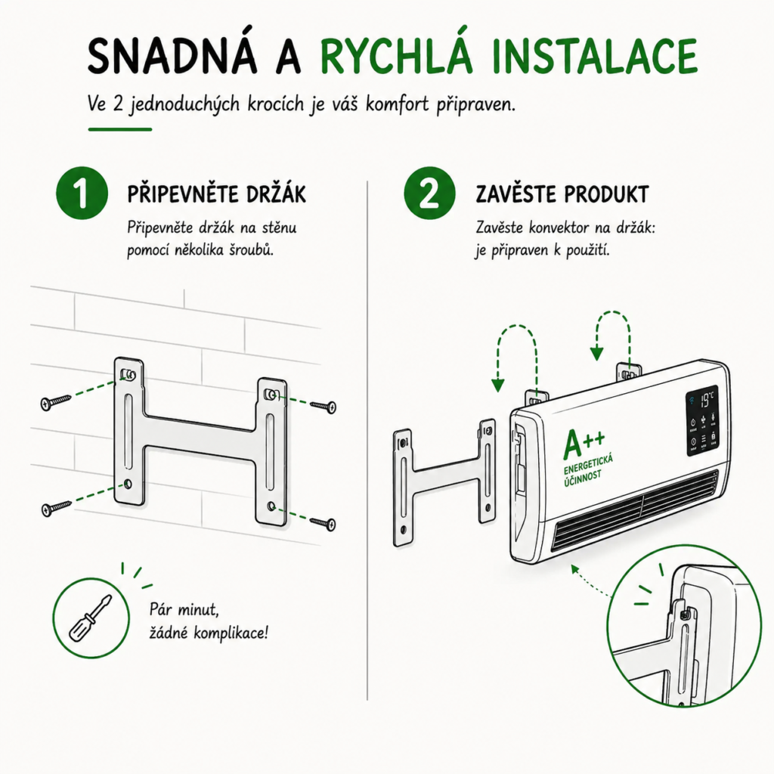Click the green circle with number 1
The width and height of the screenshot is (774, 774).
(82, 193)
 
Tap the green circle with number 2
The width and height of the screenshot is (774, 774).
(429, 193)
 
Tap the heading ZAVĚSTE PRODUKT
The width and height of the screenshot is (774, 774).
(562, 194)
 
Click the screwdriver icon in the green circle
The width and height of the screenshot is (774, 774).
(91, 618)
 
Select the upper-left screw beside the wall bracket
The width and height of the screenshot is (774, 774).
(56, 401)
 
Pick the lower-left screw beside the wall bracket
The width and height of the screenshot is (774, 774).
(56, 507)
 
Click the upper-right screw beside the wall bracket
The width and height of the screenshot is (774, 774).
(324, 406)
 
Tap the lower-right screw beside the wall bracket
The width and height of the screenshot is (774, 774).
(324, 523)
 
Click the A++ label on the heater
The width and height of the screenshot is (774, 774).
(584, 443)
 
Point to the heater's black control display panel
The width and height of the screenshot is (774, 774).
(701, 420)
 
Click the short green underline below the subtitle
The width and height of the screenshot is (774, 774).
(120, 129)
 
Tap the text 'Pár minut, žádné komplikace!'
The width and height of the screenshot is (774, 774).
(209, 621)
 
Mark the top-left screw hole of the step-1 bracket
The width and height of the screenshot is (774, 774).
(128, 376)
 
